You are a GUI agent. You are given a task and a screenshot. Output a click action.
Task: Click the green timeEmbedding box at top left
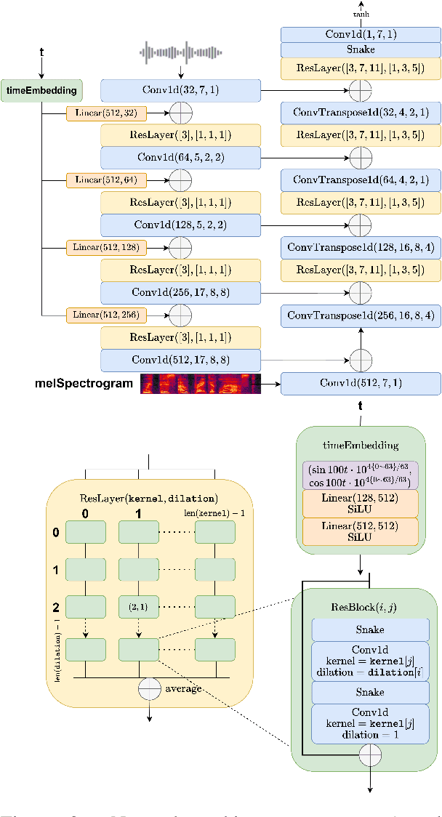(42, 91)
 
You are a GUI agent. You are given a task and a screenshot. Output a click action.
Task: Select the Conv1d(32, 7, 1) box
(180, 91)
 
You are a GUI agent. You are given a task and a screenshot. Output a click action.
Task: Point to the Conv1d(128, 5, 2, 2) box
(180, 225)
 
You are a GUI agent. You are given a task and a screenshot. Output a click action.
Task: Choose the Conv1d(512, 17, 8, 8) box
(180, 360)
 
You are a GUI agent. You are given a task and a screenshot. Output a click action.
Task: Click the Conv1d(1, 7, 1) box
(361, 34)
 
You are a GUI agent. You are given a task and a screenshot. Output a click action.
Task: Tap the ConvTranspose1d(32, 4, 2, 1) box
(361, 113)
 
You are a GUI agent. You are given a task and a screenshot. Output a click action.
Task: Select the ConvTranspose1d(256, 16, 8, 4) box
(361, 315)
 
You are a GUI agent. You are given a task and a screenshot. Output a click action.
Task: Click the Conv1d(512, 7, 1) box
(361, 383)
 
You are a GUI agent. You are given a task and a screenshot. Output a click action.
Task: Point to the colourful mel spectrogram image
(201, 383)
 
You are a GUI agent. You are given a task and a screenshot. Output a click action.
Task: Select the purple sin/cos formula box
(361, 477)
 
